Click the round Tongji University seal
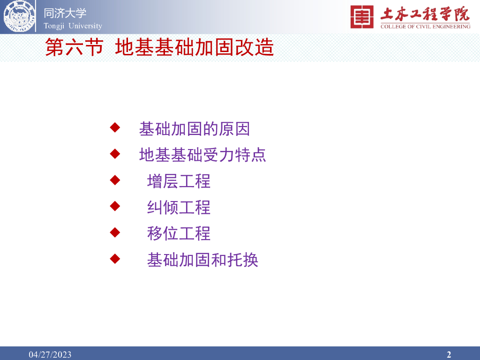[x=19, y=16]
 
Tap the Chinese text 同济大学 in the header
[x=65, y=13]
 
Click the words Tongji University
[x=73, y=26]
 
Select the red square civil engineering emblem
[x=362, y=17]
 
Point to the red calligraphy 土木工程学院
[x=425, y=14]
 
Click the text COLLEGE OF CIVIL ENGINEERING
[x=425, y=27]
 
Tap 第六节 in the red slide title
[x=75, y=47]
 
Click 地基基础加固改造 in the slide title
[x=195, y=47]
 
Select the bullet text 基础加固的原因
[x=195, y=129]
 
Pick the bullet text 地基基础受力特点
[x=202, y=155]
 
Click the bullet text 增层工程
[x=179, y=181]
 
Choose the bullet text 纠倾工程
[x=179, y=208]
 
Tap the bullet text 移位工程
[x=179, y=233]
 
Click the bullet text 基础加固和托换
[x=202, y=260]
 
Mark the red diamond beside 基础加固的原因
[x=115, y=127]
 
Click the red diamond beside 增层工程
[x=115, y=180]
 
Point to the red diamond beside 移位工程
[x=115, y=232]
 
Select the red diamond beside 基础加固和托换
[x=115, y=259]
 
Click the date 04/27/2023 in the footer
[x=50, y=354]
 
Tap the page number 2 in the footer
[x=449, y=354]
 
